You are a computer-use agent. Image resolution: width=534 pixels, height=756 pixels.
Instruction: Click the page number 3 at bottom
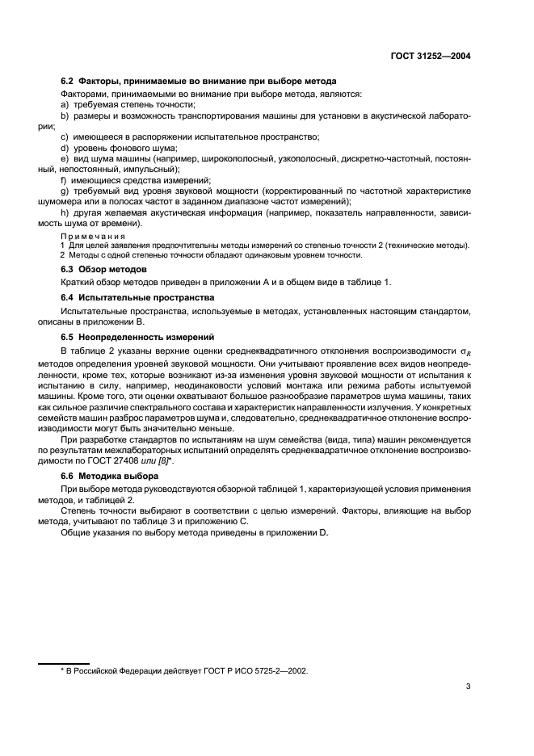click(469, 687)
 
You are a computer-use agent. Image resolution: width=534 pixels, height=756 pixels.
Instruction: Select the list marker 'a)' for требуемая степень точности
click(65, 105)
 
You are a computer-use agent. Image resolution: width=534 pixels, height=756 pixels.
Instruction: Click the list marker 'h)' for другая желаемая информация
click(65, 212)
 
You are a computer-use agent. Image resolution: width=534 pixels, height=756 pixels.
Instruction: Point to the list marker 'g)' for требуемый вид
click(65, 191)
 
